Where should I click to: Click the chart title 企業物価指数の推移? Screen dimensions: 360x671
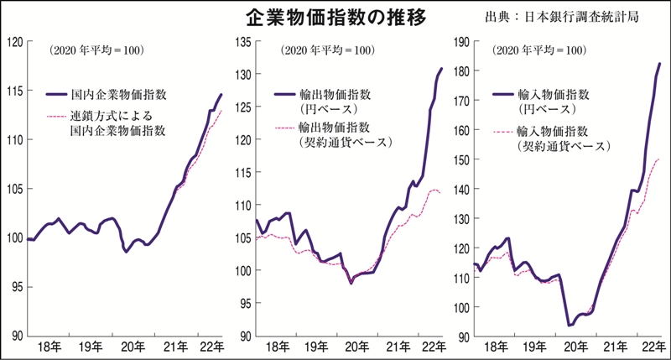[x=335, y=17]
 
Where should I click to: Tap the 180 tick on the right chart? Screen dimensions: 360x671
[x=463, y=70]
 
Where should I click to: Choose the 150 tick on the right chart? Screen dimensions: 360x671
[x=463, y=159]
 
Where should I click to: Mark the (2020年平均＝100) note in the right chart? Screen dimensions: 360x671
[x=538, y=51]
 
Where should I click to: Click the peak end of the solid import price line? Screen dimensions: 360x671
[x=659, y=64]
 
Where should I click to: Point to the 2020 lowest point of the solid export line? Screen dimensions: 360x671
[x=351, y=283]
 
